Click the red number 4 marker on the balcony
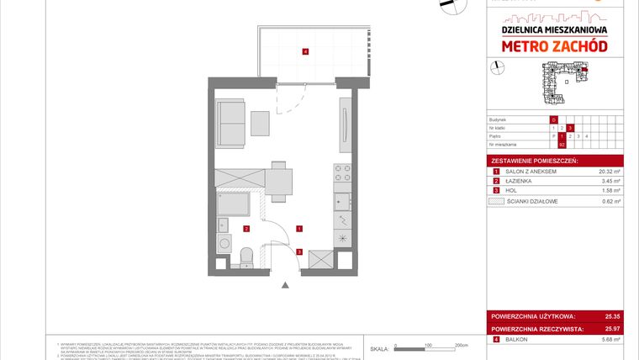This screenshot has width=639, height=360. [305, 52]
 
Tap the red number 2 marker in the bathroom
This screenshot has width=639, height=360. [246, 228]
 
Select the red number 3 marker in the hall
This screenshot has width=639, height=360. [299, 251]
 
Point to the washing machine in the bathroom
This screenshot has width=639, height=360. [224, 244]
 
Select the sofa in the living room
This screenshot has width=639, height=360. [230, 124]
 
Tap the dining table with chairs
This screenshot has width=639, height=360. [279, 177]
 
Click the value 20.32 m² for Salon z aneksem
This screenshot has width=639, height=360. [609, 171]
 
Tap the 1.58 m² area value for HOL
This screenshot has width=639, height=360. [610, 191]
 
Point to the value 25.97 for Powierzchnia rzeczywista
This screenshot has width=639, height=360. [612, 329]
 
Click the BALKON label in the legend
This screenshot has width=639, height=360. [515, 340]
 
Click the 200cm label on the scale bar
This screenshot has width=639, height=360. [461, 345]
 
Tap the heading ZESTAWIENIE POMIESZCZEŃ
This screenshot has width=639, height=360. [531, 160]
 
